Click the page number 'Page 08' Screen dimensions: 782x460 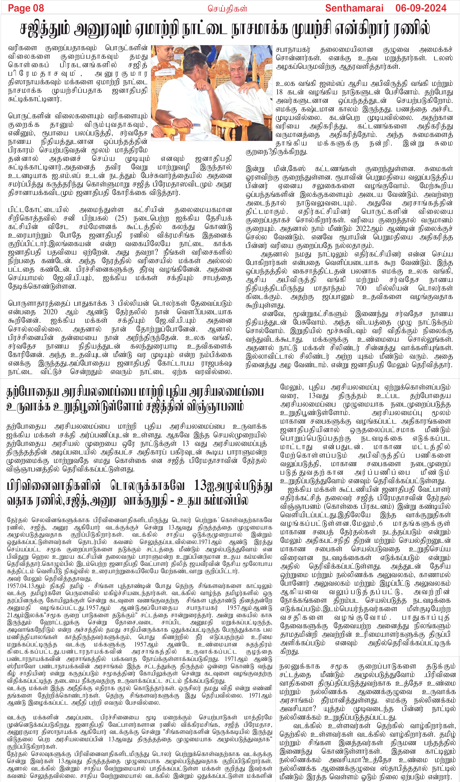[x=26, y=8]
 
